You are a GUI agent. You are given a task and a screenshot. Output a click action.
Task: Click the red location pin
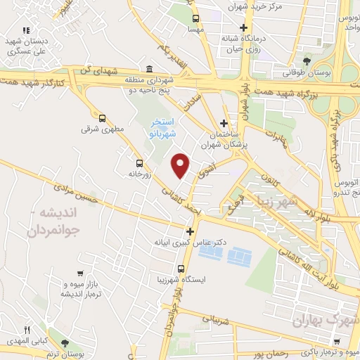coord(181,165)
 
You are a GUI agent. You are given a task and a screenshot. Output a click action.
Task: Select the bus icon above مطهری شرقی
coord(103,119)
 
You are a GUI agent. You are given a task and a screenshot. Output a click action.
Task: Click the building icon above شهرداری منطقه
coord(149,69)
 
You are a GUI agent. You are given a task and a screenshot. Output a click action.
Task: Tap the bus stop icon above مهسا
coord(195,19)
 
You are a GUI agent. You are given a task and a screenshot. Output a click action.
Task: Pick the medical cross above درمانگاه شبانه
coord(243,28)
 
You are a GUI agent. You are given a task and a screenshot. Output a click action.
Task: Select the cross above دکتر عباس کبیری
coord(190,231)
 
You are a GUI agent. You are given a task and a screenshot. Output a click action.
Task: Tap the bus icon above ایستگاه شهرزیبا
coord(181,269)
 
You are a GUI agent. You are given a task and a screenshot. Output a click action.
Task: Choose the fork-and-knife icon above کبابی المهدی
coord(28,329)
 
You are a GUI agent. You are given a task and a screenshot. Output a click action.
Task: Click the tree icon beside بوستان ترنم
coord(65,344)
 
